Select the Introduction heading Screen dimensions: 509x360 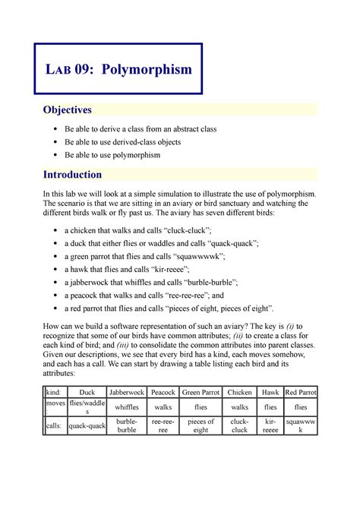(72, 174)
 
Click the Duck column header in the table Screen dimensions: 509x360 (86, 392)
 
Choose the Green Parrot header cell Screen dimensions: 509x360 (201, 392)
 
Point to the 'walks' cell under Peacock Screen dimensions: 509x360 (163, 406)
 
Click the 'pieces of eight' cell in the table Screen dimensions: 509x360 (201, 425)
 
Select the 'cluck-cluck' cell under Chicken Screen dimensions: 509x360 (240, 425)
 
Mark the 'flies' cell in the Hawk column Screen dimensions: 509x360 (271, 406)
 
